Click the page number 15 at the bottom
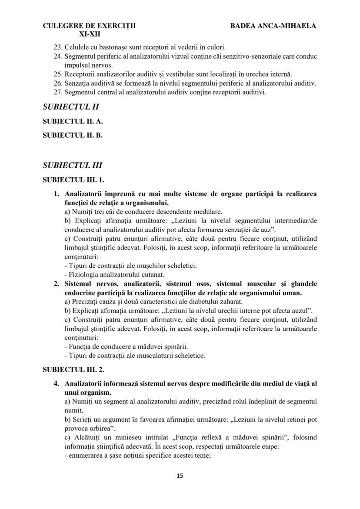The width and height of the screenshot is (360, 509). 180,476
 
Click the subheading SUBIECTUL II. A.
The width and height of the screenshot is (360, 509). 73,121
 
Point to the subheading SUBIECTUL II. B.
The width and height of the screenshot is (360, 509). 73,135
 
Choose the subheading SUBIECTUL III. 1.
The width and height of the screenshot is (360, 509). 73,179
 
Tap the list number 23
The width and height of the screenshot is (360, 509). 58,47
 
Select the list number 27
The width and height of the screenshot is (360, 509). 58,92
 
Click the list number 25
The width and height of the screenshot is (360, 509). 58,74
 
